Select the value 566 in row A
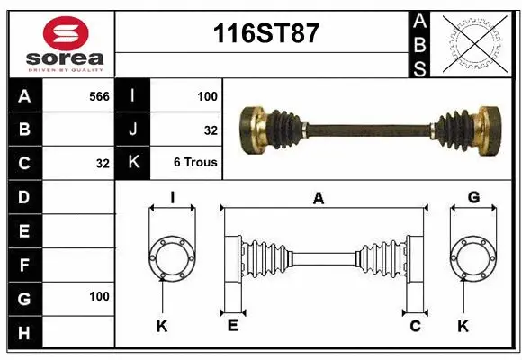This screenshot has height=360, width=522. (x=99, y=95)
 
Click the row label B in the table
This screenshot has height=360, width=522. (x=23, y=130)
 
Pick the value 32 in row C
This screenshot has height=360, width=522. (x=103, y=163)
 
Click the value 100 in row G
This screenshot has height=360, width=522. (x=99, y=296)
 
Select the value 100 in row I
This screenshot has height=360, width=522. (x=207, y=95)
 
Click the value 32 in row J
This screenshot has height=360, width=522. (x=211, y=130)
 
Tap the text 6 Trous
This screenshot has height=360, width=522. (x=195, y=163)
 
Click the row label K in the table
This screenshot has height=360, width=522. (x=132, y=163)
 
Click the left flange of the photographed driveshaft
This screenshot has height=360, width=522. (x=253, y=129)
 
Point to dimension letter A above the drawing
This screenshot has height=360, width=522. (x=318, y=200)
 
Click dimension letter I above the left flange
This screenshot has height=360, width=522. (x=171, y=198)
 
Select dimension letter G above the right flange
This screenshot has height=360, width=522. (x=472, y=198)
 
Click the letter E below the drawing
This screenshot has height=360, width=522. (x=232, y=326)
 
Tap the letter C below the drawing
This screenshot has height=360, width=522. (x=416, y=326)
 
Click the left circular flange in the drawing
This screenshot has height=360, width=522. (x=170, y=258)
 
